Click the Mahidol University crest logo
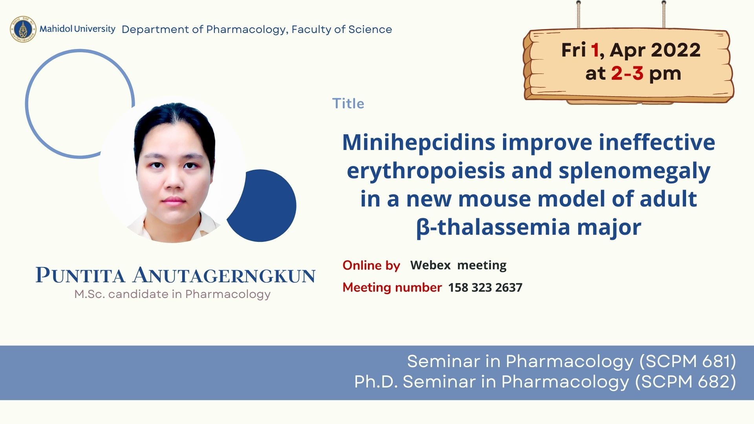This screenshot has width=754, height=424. tap(23, 29)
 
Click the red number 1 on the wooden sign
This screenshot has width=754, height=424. tap(595, 50)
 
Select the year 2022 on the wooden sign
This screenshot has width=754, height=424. tap(675, 50)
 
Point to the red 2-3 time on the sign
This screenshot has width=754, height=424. tap(627, 73)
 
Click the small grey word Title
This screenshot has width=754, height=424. tap(348, 104)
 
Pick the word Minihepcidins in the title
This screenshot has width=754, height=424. tap(419, 143)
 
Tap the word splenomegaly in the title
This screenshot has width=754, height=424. tap(635, 172)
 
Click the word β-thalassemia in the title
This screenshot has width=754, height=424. tap(493, 227)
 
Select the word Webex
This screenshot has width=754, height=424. tap(430, 265)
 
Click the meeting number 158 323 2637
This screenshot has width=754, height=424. tap(485, 288)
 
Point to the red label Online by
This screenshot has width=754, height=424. tap(371, 266)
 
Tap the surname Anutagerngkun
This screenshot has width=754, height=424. tap(224, 275)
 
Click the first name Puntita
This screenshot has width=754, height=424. tap(81, 275)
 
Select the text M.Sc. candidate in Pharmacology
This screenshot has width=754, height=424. tap(172, 294)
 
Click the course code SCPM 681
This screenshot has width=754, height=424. tap(688, 362)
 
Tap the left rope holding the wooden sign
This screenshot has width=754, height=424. tap(578, 15)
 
